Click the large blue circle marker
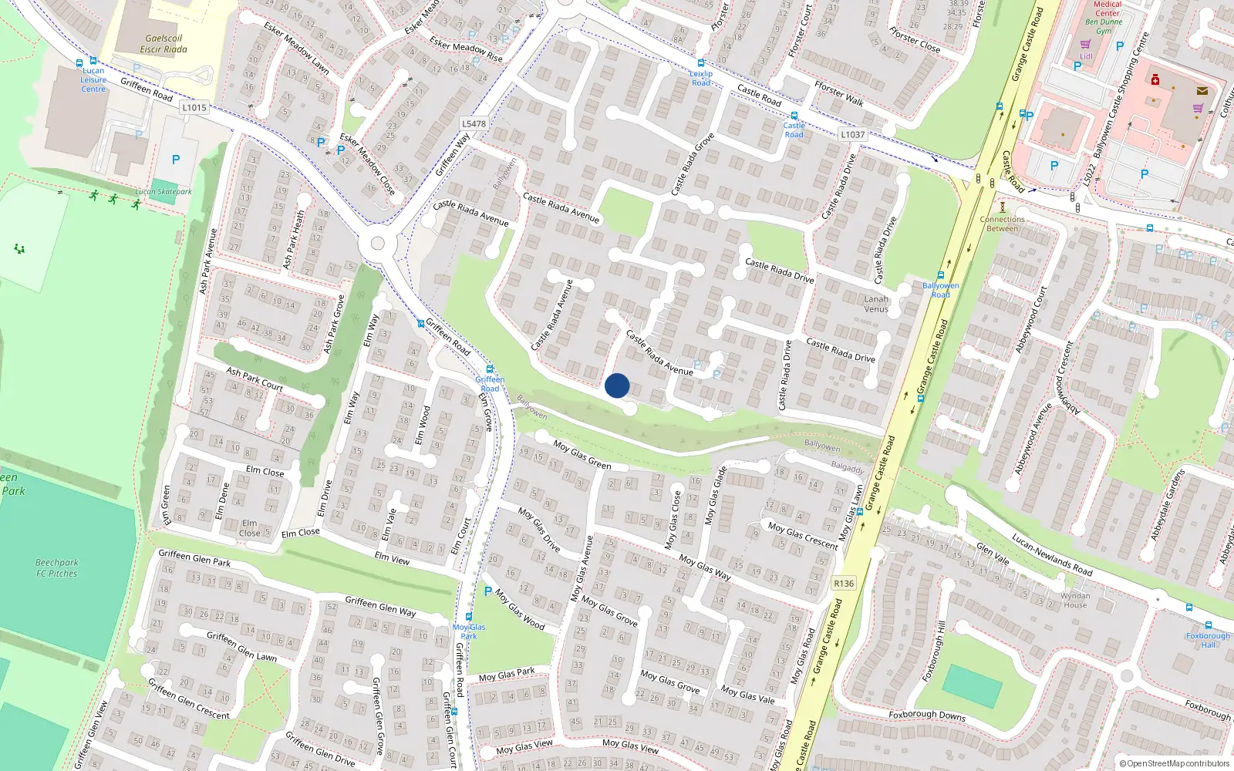click(x=617, y=385)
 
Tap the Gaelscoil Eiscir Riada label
click(x=164, y=44)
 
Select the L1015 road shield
click(x=194, y=107)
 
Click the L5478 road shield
click(x=474, y=123)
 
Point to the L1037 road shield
click(x=852, y=134)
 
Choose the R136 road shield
click(x=844, y=583)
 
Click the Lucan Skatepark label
click(x=164, y=192)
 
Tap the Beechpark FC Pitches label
click(x=56, y=568)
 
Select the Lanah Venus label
click(x=876, y=304)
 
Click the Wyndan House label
click(x=1075, y=600)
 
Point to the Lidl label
click(x=1086, y=56)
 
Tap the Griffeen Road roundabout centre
click(x=377, y=244)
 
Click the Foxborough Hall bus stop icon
click(x=1208, y=625)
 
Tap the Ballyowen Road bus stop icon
click(x=941, y=275)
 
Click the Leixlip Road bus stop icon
click(x=701, y=63)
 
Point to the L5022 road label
click(x=1089, y=174)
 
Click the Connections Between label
click(x=1002, y=224)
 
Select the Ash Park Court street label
click(x=255, y=378)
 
